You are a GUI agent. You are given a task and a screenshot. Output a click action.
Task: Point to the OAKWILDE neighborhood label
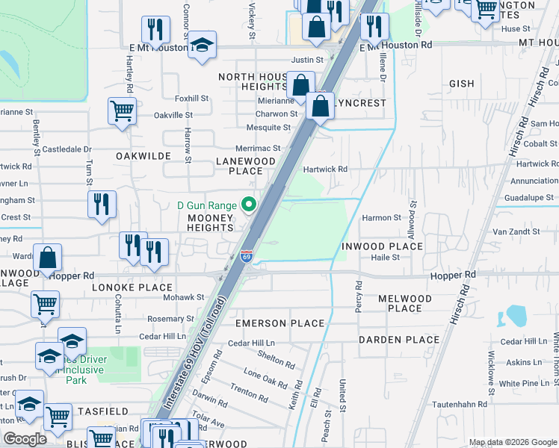(143, 155)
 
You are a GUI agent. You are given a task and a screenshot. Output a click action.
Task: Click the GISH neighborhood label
(462, 84)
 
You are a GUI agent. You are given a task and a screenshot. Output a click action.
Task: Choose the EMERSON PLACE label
(279, 323)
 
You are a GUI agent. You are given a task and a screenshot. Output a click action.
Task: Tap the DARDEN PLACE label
(399, 340)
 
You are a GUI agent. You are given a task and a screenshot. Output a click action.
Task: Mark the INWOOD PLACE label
(383, 246)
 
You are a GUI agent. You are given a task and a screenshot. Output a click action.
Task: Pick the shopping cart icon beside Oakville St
(123, 112)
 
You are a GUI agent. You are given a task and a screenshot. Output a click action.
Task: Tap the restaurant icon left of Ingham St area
(102, 204)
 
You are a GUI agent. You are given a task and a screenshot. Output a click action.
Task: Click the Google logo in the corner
(25, 439)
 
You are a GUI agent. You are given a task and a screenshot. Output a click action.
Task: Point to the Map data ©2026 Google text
(513, 442)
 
